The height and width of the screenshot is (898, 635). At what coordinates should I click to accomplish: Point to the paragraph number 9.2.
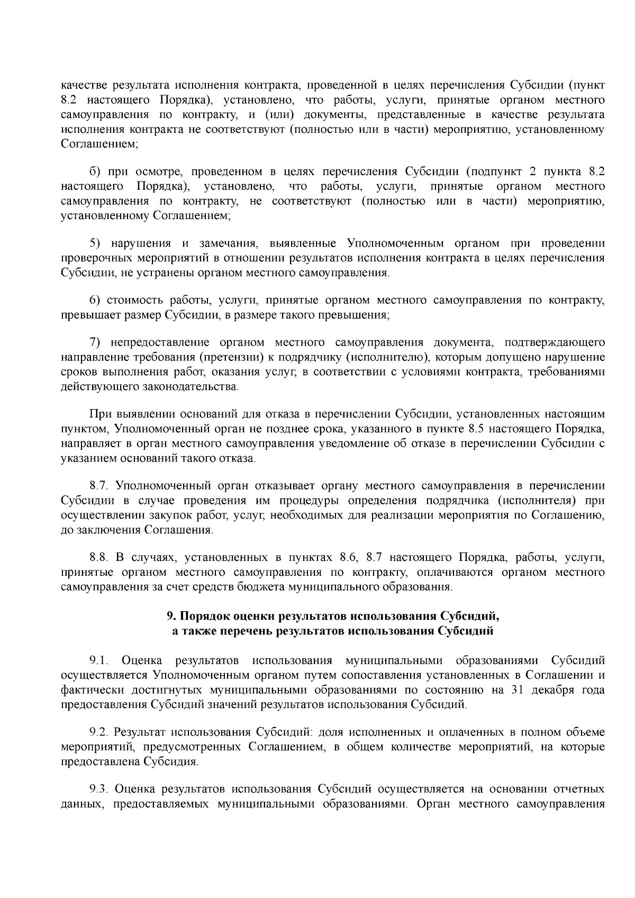99,732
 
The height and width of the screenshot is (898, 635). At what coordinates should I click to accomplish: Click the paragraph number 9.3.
99,790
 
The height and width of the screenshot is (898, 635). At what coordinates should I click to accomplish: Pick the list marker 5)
95,243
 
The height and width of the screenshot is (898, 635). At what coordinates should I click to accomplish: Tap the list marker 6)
95,301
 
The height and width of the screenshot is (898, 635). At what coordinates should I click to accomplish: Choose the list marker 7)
95,342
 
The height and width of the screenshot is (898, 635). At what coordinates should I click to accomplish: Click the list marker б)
95,171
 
